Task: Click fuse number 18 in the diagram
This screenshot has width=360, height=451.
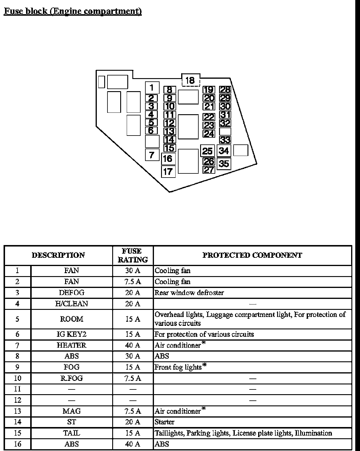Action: [190, 80]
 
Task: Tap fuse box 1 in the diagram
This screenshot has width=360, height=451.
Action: [152, 88]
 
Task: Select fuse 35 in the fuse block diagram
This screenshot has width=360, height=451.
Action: [224, 164]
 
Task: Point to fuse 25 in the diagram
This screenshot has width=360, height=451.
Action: [207, 151]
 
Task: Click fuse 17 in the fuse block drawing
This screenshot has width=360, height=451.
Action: [168, 171]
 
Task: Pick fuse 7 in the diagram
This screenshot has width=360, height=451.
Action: [152, 155]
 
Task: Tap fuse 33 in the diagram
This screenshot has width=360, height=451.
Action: [225, 140]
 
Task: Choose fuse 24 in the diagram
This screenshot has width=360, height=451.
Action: [209, 134]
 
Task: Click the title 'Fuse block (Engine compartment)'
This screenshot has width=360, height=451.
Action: [73, 11]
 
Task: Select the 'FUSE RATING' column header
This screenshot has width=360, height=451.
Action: [133, 255]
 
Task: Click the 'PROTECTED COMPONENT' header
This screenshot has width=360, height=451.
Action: [252, 255]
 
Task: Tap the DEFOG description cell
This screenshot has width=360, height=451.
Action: [72, 293]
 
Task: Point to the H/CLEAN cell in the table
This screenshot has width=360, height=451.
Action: [72, 304]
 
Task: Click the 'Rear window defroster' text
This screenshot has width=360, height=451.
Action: [189, 293]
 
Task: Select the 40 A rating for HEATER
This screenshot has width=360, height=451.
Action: [133, 345]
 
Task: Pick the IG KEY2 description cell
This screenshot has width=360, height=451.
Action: [72, 334]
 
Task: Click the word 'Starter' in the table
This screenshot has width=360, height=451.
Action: [165, 422]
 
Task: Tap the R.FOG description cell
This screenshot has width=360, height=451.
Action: [72, 378]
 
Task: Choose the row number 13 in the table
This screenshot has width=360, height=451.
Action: [17, 411]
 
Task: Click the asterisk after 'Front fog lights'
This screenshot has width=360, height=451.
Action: [204, 366]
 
